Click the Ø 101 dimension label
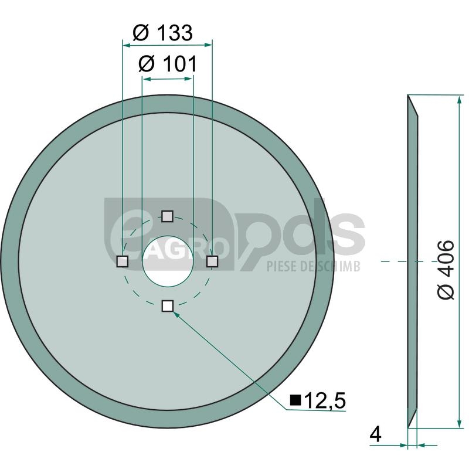click(x=168, y=64)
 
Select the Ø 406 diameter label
click(x=446, y=269)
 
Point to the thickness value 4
click(x=375, y=434)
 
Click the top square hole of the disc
click(x=167, y=216)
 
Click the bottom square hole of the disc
click(x=168, y=306)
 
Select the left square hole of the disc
click(x=123, y=261)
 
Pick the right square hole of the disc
click(x=212, y=261)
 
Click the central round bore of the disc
click(x=168, y=261)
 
